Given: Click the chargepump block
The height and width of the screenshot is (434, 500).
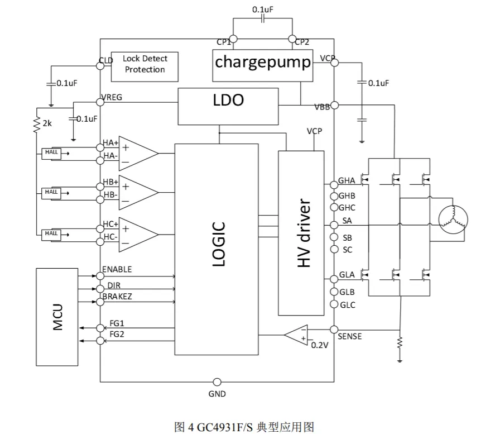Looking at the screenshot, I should tap(263, 61).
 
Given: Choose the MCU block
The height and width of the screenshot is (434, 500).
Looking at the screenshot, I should tap(57, 317).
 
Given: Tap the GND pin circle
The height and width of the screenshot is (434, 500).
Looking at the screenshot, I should tap(217, 382).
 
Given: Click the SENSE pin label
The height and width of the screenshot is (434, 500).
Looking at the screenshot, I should tap(350, 336).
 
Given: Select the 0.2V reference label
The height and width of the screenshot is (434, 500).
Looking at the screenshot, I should tap(320, 345).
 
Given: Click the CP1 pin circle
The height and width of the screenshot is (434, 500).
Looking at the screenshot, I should tap(233, 39).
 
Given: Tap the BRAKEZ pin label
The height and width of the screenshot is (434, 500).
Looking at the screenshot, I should tap(117, 297).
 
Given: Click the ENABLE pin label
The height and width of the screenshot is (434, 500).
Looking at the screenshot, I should tap(117, 269).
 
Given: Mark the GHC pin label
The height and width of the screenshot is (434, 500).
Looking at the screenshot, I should tap(347, 208).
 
